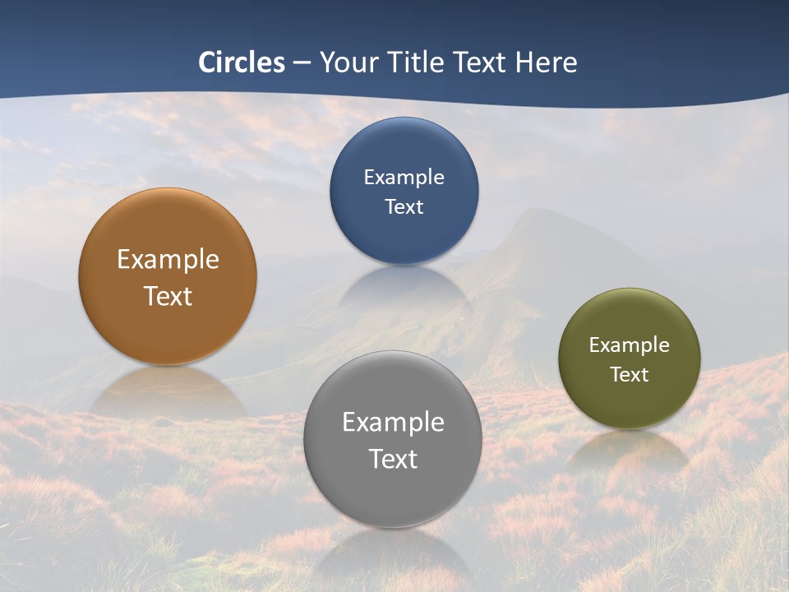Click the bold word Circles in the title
click(242, 62)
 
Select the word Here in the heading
click(546, 62)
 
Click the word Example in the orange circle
click(168, 260)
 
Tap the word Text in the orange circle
click(168, 296)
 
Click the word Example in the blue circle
click(404, 178)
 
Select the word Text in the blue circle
click(404, 206)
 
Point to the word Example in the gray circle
click(393, 423)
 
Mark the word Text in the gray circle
click(393, 459)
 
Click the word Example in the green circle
click(630, 345)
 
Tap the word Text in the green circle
click(630, 375)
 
